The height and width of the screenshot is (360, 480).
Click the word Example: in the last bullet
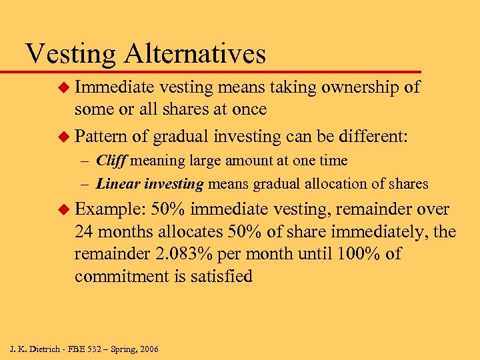point(110,210)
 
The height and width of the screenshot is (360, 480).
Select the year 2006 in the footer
point(146,349)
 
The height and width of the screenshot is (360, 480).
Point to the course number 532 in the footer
point(91,349)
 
